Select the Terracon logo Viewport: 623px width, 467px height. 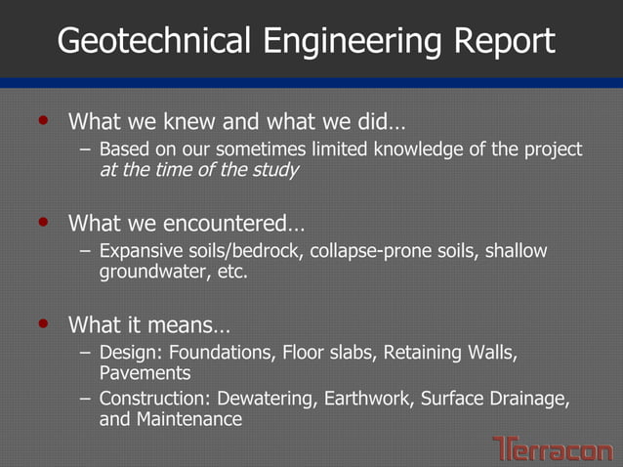coord(553,448)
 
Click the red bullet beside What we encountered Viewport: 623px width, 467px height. coord(42,223)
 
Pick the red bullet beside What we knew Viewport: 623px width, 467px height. coord(42,122)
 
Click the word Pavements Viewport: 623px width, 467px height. coord(145,372)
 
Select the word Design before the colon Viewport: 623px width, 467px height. coord(126,352)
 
